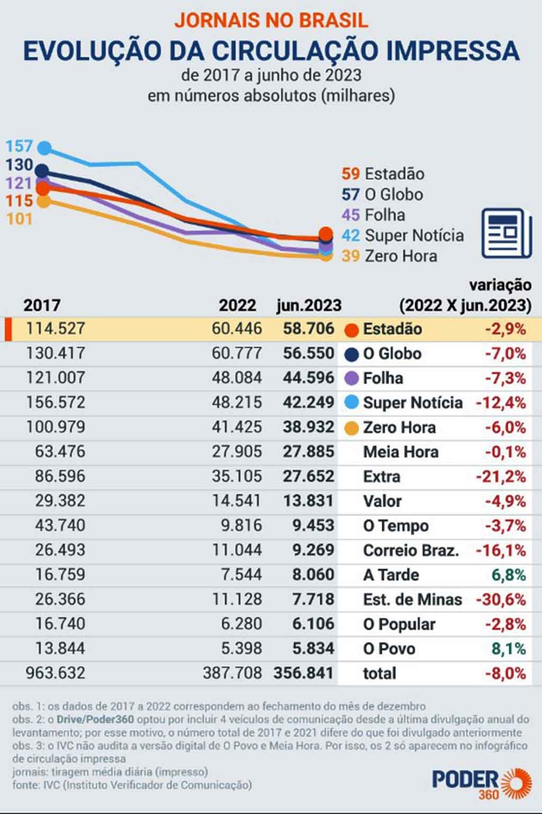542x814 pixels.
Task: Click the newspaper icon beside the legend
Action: (506, 233)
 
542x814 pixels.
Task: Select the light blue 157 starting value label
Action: (19, 146)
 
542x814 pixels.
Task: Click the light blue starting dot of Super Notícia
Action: (45, 148)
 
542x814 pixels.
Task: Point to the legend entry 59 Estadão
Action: (383, 174)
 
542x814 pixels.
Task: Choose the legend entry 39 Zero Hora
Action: (389, 256)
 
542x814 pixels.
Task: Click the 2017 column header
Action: (42, 305)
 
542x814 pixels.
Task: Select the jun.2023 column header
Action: (309, 305)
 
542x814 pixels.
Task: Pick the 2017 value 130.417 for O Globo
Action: (56, 353)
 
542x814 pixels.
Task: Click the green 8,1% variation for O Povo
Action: (509, 648)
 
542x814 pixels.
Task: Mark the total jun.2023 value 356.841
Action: (303, 673)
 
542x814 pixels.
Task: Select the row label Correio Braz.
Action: (411, 551)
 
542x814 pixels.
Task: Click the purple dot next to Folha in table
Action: (352, 378)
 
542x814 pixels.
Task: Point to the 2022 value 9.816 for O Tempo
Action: (241, 525)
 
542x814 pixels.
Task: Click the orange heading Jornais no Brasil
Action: (271, 20)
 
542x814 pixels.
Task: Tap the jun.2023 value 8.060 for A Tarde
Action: (313, 574)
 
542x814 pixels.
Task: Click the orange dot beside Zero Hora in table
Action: (352, 427)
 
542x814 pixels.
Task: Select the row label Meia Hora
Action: (401, 452)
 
